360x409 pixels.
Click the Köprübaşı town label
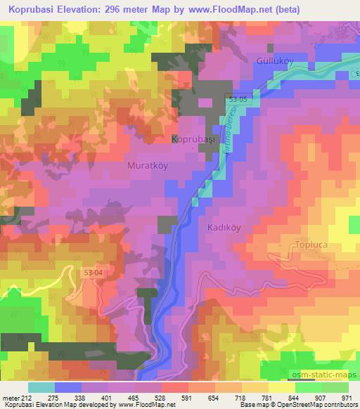194,140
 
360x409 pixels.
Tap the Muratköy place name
147,166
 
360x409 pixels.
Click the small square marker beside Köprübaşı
176,138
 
